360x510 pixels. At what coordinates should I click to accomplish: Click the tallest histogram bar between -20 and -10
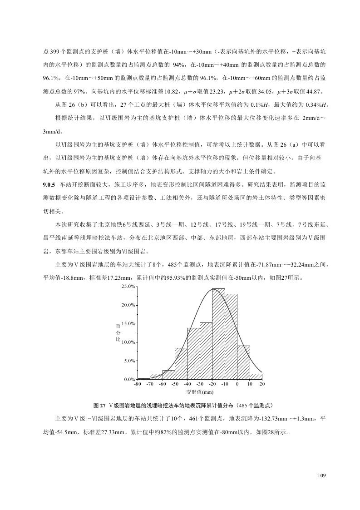218,334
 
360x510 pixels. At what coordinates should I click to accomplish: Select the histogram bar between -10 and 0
231,337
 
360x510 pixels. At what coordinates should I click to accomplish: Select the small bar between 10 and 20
256,376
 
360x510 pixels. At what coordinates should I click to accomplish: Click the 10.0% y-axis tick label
129,342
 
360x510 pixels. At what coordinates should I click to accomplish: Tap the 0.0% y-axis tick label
130,379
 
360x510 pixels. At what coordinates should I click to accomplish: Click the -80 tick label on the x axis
138,385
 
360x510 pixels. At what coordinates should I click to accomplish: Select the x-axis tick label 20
262,385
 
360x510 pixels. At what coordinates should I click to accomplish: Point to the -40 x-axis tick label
187,385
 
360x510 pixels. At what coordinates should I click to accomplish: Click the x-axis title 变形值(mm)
200,391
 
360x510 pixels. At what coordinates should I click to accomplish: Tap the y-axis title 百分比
118,333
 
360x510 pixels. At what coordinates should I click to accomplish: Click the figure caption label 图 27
99,405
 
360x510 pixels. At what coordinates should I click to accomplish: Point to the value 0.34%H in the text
316,105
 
